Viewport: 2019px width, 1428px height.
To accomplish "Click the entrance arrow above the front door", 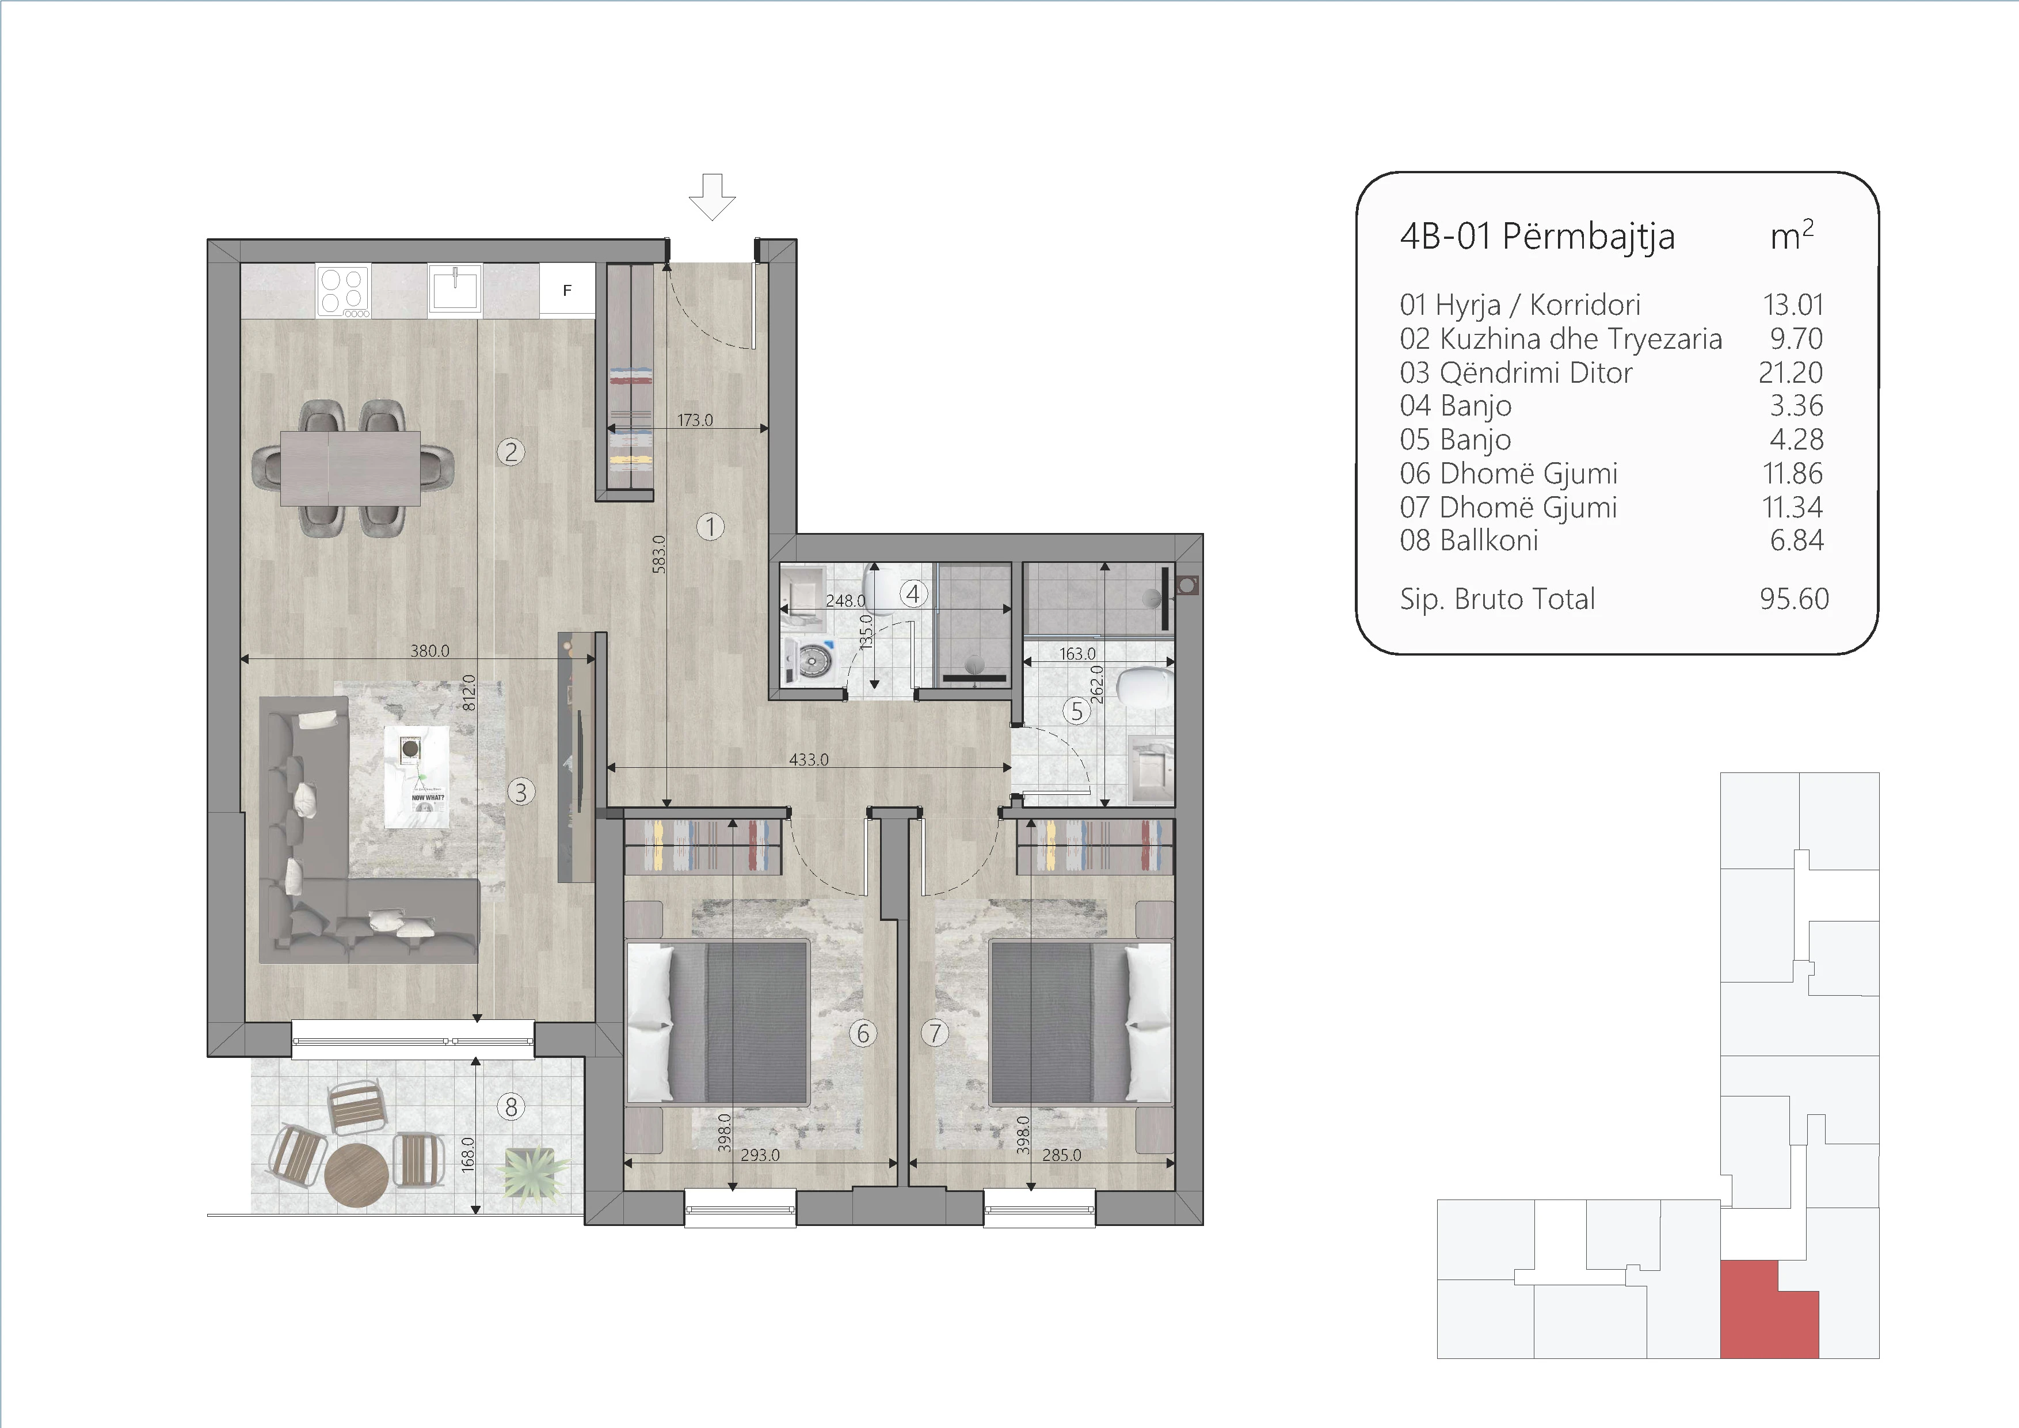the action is pyautogui.click(x=711, y=196).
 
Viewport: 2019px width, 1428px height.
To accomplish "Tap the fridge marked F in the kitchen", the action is pyautogui.click(x=567, y=290).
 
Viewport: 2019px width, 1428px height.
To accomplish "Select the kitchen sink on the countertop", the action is pyautogui.click(x=455, y=290).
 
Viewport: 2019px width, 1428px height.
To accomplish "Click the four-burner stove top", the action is pyautogui.click(x=344, y=292).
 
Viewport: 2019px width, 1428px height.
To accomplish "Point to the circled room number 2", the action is pyautogui.click(x=511, y=452).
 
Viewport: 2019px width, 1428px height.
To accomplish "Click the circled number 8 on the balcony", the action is pyautogui.click(x=511, y=1106).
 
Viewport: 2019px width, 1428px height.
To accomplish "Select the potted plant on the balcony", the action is pyautogui.click(x=530, y=1172).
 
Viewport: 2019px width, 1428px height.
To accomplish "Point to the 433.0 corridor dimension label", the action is pyautogui.click(x=808, y=760).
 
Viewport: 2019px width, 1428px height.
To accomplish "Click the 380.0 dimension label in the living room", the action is pyautogui.click(x=429, y=651).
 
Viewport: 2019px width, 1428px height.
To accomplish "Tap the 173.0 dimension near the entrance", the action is pyautogui.click(x=695, y=420).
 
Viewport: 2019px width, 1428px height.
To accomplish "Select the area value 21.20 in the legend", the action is pyautogui.click(x=1791, y=372).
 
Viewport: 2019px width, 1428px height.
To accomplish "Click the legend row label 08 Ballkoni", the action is pyautogui.click(x=1469, y=540).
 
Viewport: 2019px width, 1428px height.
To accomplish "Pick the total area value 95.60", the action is pyautogui.click(x=1794, y=599).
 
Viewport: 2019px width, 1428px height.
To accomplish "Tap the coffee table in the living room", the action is pyautogui.click(x=417, y=775).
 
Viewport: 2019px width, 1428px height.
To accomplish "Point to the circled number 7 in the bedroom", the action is pyautogui.click(x=935, y=1033).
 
